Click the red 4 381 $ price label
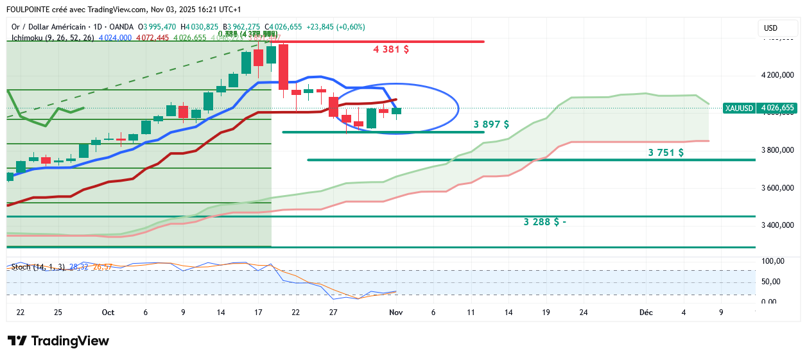(391, 49)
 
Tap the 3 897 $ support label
(491, 124)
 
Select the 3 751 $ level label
(666, 153)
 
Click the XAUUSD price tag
(738, 108)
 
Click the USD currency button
(770, 28)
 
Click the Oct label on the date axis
(108, 313)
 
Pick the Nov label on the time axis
(395, 313)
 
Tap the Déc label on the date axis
(646, 313)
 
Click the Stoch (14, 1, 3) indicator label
(38, 266)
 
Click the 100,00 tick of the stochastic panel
(773, 261)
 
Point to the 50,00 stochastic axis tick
(773, 282)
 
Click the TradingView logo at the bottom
(58, 341)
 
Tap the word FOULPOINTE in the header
(29, 10)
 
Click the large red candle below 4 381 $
(283, 66)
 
